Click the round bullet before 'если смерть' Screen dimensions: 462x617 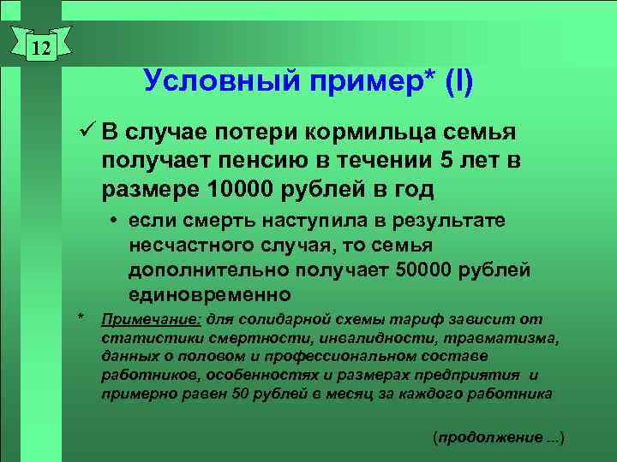pos(113,221)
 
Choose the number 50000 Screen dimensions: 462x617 pos(431,270)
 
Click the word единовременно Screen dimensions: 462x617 pos(210,295)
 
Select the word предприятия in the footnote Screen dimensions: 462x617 pos(476,375)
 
